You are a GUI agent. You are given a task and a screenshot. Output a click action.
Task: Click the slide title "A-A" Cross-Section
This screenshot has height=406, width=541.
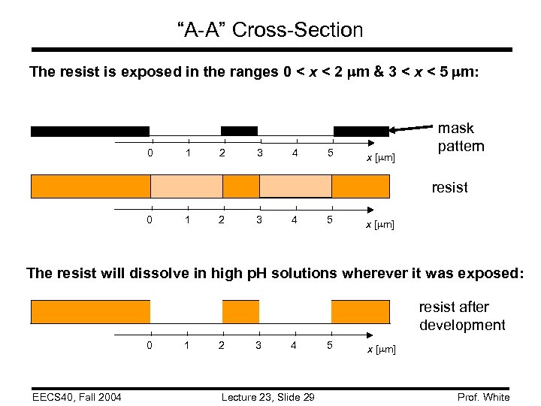tap(270, 30)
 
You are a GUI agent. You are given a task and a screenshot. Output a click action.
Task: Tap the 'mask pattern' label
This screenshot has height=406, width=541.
tap(461, 137)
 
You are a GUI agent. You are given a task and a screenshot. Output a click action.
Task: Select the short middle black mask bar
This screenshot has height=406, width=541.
tap(239, 131)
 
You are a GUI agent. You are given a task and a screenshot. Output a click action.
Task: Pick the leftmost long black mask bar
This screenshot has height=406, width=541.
tap(89, 131)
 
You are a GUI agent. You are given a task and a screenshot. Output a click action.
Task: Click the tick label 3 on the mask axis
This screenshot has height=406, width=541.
tap(259, 153)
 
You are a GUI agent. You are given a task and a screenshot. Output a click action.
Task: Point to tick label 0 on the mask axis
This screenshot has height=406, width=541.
tap(150, 153)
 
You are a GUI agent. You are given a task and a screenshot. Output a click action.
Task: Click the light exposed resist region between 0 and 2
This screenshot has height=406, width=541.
tap(186, 186)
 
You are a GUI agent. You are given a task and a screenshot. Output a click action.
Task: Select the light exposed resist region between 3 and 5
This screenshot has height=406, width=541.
tap(295, 186)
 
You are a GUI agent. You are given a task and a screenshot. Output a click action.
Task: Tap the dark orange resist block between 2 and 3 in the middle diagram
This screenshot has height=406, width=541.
tap(240, 186)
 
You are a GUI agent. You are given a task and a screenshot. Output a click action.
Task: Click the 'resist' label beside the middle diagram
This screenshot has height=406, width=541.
tap(449, 187)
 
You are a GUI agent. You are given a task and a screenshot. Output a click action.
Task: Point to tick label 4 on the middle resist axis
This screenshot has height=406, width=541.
tap(295, 220)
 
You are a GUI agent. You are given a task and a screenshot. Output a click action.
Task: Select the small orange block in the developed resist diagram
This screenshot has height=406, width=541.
tap(240, 311)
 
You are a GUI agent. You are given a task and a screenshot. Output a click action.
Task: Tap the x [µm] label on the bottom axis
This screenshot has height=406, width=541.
tap(380, 350)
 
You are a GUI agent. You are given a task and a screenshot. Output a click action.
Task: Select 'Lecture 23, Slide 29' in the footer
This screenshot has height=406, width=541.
tap(268, 397)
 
